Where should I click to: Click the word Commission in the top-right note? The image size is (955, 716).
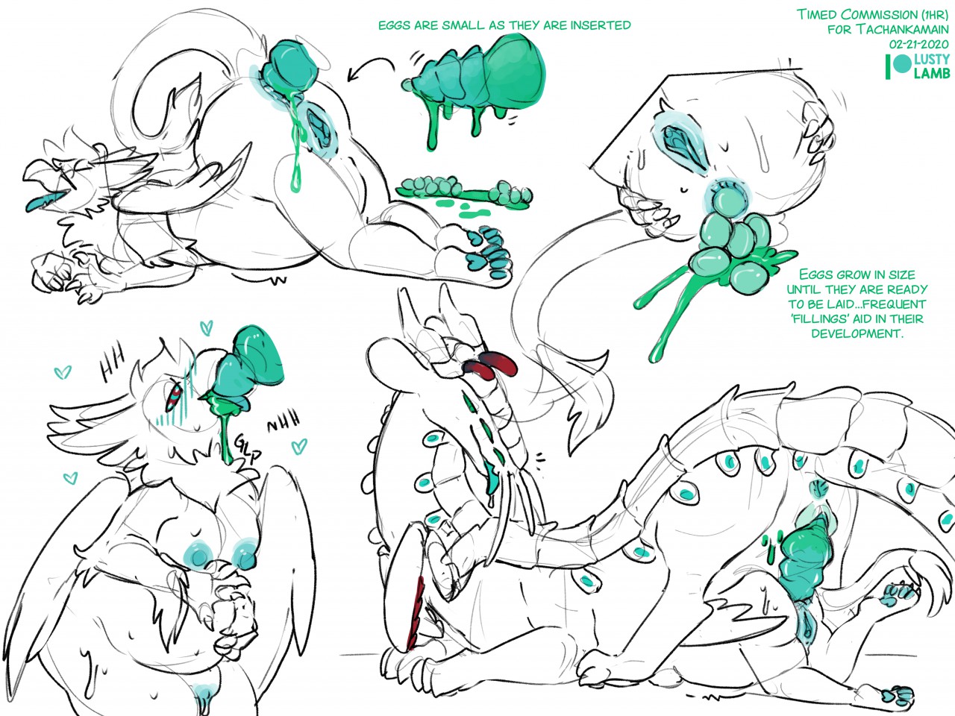[878, 14]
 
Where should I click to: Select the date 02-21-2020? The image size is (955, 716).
[918, 44]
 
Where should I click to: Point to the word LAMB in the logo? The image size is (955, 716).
[932, 73]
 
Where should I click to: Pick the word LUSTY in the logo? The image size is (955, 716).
[932, 59]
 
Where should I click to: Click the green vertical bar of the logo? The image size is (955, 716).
[888, 66]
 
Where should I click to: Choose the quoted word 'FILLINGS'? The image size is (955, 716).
[824, 318]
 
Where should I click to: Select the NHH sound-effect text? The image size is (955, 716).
[284, 421]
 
